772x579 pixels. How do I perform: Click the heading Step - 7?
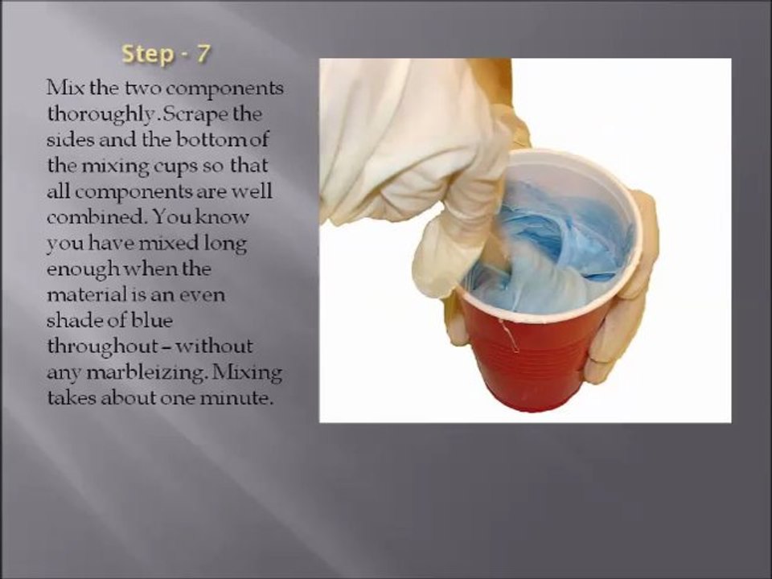click(x=166, y=54)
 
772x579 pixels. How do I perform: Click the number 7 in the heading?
click(x=203, y=53)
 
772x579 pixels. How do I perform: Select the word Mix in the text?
click(x=65, y=88)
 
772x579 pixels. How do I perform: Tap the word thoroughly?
click(x=102, y=115)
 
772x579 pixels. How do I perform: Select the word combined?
click(x=96, y=216)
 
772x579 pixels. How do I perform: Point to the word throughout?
click(x=102, y=347)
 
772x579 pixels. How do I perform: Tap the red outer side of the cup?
click(x=527, y=359)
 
